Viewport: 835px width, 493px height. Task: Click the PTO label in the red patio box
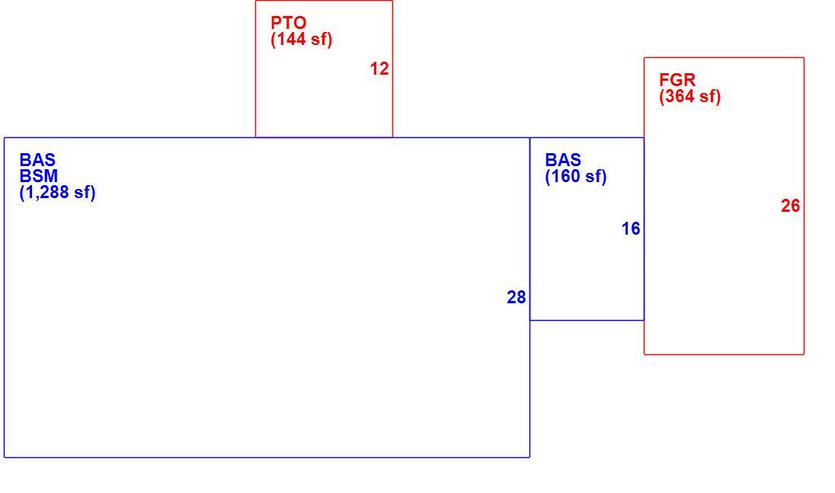coord(289,23)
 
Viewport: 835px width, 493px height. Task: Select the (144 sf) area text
coord(302,40)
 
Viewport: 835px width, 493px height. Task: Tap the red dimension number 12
coord(379,69)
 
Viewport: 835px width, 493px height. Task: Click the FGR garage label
coord(677,80)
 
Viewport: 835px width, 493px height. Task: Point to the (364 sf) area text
coord(690,96)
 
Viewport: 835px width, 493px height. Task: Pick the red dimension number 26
coord(790,206)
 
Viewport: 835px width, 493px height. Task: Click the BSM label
coord(38,176)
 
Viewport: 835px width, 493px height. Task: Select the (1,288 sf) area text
coord(57,192)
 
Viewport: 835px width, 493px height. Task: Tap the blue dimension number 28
coord(517,297)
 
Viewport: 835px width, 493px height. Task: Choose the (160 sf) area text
coord(576,176)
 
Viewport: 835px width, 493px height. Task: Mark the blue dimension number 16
coord(631,229)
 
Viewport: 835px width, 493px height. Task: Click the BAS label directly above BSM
coord(37,160)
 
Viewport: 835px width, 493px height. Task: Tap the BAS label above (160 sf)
coord(563,160)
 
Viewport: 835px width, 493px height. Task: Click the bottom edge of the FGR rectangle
coord(725,354)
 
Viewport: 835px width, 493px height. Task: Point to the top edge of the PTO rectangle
coord(324,1)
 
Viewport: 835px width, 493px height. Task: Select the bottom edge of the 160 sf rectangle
coord(587,320)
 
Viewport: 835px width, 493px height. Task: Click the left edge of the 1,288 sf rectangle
coord(5,297)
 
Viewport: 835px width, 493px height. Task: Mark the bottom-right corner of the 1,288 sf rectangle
coord(529,456)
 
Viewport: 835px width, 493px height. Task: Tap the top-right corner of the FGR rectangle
coord(804,57)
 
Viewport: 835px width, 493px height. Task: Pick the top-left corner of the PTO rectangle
coord(256,1)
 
